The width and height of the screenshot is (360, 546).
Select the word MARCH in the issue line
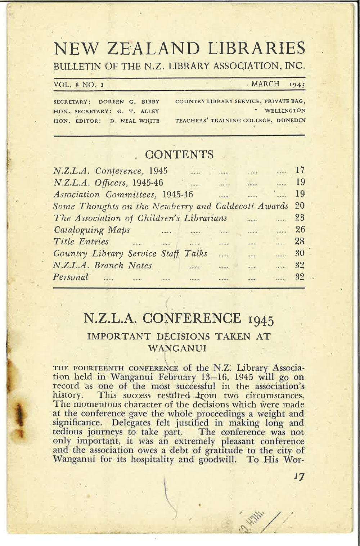(x=265, y=84)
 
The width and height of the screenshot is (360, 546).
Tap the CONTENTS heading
(x=179, y=155)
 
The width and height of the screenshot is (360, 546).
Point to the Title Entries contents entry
(x=81, y=242)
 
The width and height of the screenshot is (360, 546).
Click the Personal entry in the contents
(x=71, y=277)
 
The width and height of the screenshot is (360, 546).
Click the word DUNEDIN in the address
(x=291, y=121)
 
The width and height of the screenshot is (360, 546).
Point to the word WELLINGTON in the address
(x=285, y=111)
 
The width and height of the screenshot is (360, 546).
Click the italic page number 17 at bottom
(x=299, y=477)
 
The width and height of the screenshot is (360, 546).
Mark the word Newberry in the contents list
(x=174, y=206)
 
